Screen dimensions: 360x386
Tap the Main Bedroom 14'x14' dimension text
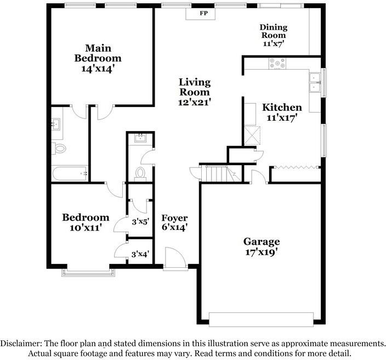(x=98, y=69)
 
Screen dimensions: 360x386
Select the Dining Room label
(x=273, y=31)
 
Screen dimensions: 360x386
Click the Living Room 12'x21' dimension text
(x=195, y=102)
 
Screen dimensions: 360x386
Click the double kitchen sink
(x=315, y=82)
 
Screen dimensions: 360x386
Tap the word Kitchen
(x=281, y=108)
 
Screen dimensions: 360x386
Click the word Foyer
(x=174, y=218)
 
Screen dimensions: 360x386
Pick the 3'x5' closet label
(x=140, y=222)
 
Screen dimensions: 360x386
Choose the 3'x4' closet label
(x=140, y=254)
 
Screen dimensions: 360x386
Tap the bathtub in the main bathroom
(x=70, y=173)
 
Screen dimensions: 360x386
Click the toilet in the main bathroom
(x=59, y=148)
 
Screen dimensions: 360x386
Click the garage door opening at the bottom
(x=261, y=319)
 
